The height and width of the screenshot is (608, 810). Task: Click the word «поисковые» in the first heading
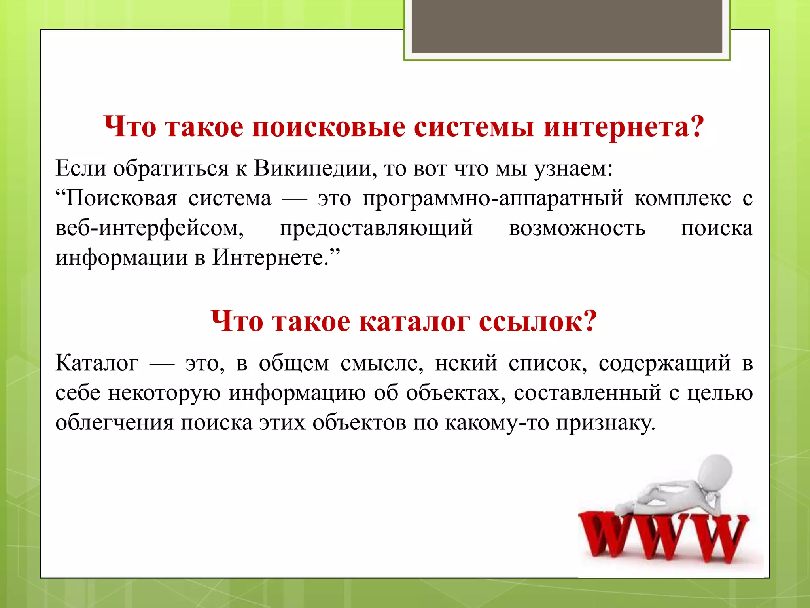click(328, 127)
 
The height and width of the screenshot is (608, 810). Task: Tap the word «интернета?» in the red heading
click(624, 127)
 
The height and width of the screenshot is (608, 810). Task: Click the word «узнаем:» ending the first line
click(573, 169)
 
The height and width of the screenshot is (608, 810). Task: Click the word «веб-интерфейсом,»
click(150, 228)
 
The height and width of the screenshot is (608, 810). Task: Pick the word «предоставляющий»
click(376, 228)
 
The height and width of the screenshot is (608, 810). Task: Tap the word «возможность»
click(577, 228)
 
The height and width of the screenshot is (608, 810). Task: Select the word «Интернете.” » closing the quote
click(276, 258)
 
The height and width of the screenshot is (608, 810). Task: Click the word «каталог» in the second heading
click(414, 321)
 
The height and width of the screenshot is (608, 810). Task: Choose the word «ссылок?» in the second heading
click(537, 321)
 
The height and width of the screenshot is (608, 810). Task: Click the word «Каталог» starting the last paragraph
click(97, 363)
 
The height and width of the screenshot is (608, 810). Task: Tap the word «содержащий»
click(664, 363)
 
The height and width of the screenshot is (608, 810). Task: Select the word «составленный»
click(587, 393)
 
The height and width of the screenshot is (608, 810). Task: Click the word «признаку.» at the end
click(606, 423)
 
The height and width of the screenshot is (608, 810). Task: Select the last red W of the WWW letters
click(720, 538)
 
